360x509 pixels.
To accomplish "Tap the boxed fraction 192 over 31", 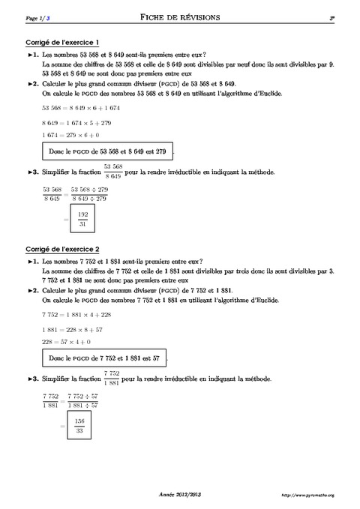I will point(82,219).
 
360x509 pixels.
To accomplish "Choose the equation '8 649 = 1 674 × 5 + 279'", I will point(77,121).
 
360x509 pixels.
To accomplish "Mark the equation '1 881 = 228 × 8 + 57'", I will point(72,328).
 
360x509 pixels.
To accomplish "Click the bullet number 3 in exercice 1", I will point(33,172).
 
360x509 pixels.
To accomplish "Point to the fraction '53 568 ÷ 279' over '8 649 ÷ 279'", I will point(89,194).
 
